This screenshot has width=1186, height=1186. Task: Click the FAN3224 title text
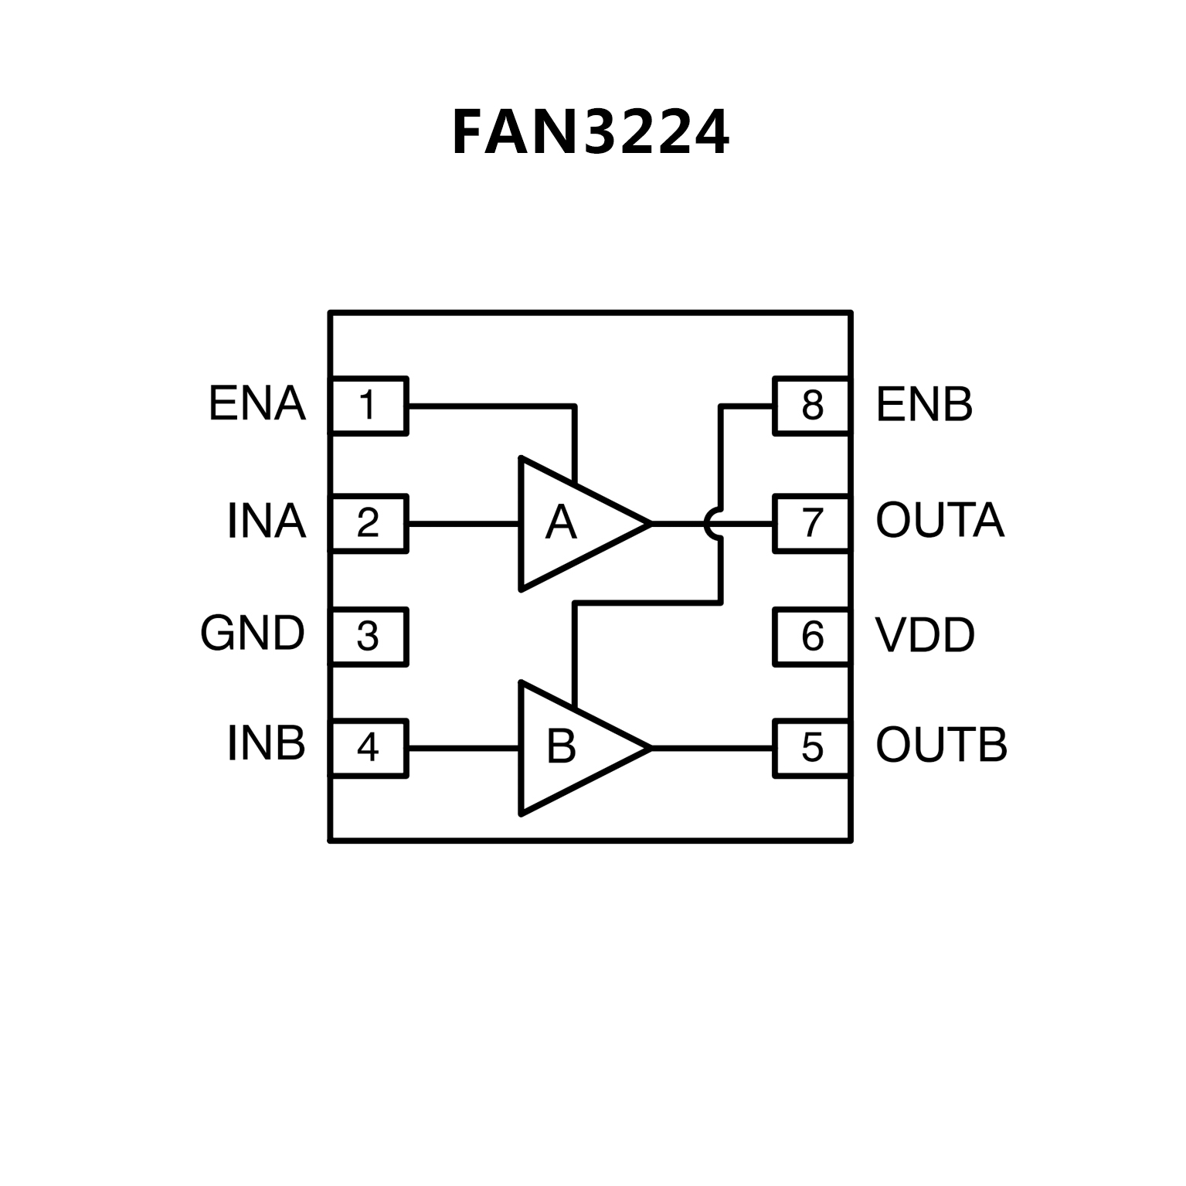[x=590, y=133]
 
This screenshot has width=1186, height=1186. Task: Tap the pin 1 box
[x=369, y=406]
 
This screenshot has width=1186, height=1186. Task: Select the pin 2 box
[x=369, y=523]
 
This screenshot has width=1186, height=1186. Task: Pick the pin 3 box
[x=369, y=637]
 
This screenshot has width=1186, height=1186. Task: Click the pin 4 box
[x=369, y=748]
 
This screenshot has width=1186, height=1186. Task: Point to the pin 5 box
[x=812, y=748]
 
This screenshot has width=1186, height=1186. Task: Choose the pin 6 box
[x=812, y=637]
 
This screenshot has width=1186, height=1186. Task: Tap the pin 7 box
[x=812, y=523]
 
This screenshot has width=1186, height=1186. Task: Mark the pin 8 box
[x=812, y=406]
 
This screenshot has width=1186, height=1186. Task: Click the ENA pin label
[x=257, y=403]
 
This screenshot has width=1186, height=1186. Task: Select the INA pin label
[x=266, y=522]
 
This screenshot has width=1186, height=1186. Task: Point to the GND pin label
[x=252, y=634]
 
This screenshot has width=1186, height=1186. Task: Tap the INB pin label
[x=266, y=744]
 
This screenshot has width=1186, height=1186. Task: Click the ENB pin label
[x=924, y=404]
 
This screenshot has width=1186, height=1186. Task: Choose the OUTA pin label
[x=940, y=521]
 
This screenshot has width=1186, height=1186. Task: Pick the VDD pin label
[x=925, y=635]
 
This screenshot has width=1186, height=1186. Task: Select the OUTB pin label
[x=941, y=746]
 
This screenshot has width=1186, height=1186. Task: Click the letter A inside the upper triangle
[x=561, y=523]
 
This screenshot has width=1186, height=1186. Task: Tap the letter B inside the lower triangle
[x=561, y=747]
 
